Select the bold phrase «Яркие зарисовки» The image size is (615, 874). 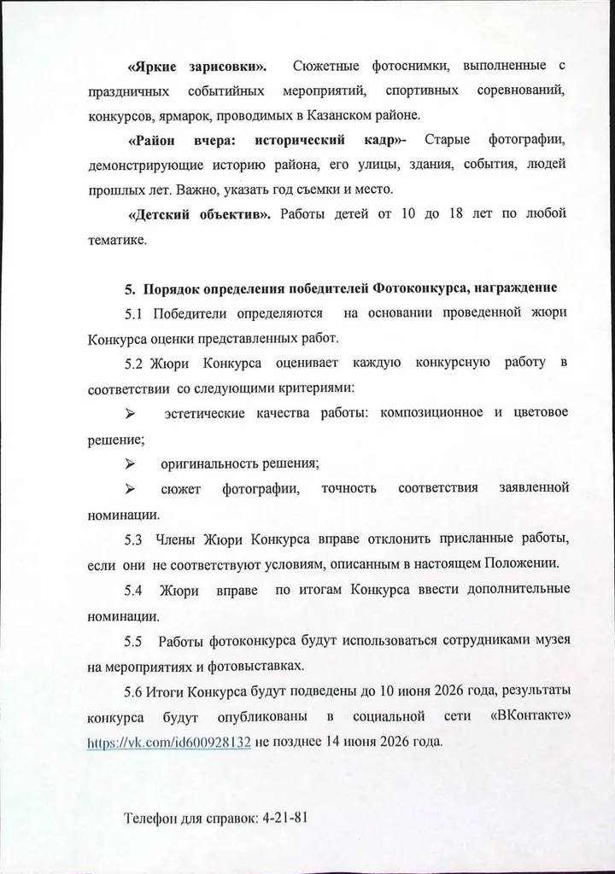pyautogui.click(x=196, y=66)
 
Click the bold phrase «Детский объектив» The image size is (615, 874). pyautogui.click(x=199, y=213)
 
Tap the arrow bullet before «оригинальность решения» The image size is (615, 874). pyautogui.click(x=132, y=464)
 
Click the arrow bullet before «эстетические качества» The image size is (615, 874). pyautogui.click(x=132, y=414)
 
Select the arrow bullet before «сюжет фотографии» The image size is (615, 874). pyautogui.click(x=132, y=489)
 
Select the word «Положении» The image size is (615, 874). pyautogui.click(x=523, y=564)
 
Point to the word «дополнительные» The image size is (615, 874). pyautogui.click(x=509, y=590)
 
